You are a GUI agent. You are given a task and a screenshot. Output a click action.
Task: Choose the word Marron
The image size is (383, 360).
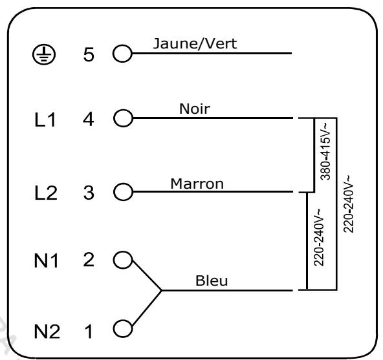coord(197,183)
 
